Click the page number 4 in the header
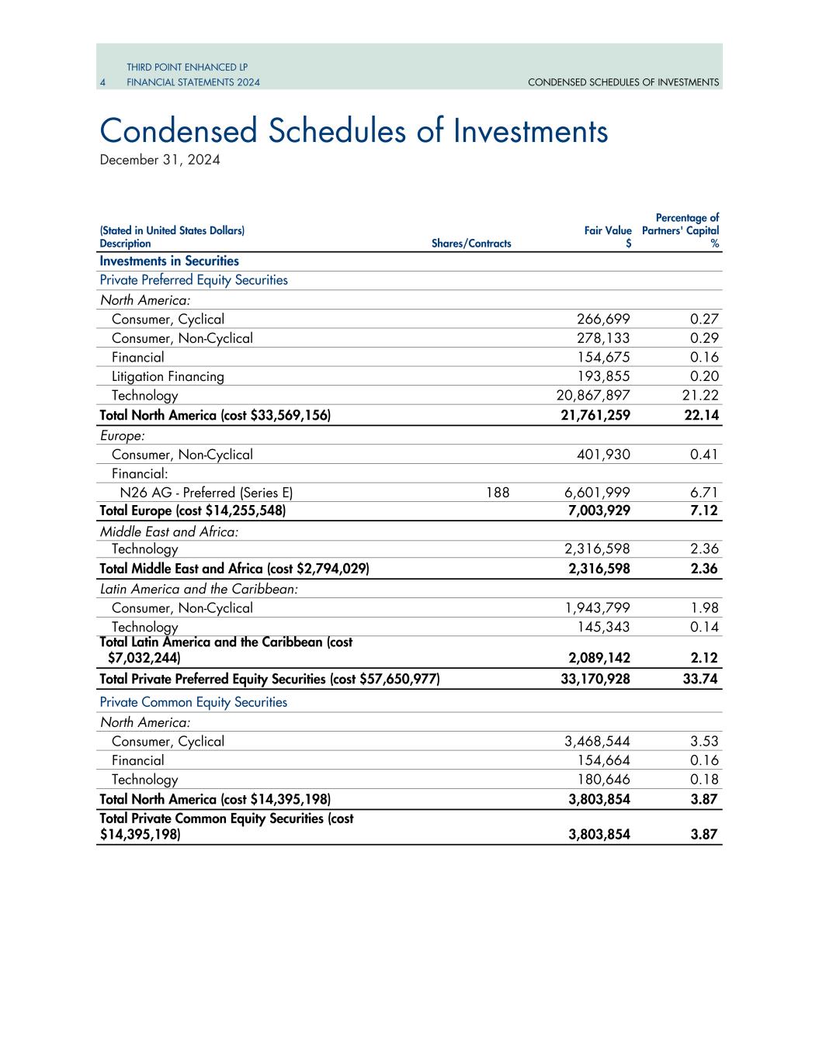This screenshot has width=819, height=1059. (102, 82)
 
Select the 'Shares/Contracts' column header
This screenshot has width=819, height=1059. (471, 244)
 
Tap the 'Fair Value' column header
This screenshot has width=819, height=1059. (608, 230)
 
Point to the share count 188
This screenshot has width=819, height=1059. (498, 492)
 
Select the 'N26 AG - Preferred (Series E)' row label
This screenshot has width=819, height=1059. (206, 492)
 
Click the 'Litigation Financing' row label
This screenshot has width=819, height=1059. (168, 376)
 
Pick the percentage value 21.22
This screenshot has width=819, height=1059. (704, 396)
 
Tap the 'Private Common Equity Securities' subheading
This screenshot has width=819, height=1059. (193, 702)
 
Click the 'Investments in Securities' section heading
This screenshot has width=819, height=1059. (169, 261)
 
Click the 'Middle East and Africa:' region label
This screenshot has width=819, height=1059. (169, 531)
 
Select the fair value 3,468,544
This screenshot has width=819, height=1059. (597, 741)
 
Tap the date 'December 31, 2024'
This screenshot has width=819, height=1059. (160, 160)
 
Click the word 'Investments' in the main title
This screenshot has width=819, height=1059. (530, 131)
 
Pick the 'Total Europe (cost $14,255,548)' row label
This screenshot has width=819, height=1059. (193, 510)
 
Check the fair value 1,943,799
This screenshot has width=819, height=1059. (597, 608)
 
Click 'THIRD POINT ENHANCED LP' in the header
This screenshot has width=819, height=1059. (187, 67)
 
